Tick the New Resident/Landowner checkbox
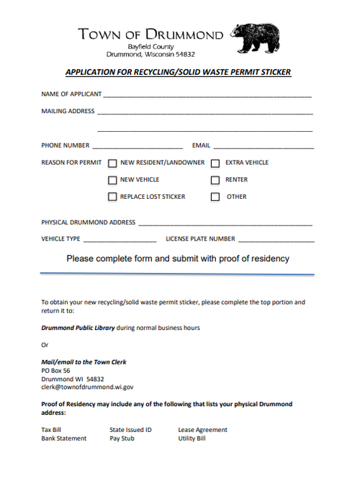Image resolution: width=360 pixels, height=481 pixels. point(112,163)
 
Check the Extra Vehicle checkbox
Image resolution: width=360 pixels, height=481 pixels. point(215,163)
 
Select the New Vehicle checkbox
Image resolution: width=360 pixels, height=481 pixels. point(112,180)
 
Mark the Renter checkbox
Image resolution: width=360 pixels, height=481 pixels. point(215,180)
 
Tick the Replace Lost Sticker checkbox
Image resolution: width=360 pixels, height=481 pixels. point(112,197)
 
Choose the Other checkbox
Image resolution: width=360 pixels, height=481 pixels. point(215,197)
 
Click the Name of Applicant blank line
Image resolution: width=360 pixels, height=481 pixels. point(207,94)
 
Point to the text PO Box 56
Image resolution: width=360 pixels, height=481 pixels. point(57,370)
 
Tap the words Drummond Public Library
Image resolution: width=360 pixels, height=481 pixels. point(78,328)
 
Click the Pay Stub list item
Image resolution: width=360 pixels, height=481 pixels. point(122,438)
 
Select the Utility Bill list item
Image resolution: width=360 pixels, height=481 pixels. point(192,438)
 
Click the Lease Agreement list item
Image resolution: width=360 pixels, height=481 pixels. point(202,430)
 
